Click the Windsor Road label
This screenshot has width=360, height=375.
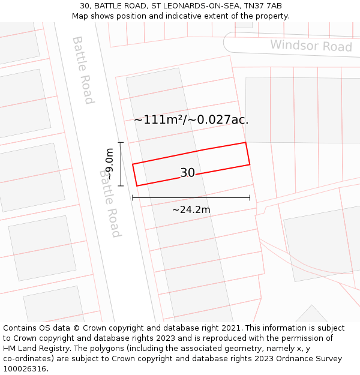311,46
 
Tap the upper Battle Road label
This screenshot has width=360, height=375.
83,70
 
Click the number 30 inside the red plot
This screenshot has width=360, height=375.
187,173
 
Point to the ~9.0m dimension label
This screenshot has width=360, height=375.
109,164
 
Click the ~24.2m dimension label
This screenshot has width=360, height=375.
191,209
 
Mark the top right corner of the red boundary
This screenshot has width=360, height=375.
245,143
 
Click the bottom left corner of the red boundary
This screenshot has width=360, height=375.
137,185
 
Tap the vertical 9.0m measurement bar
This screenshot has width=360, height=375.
121,164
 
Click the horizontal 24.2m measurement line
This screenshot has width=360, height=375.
191,197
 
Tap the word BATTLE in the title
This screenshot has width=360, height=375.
108,6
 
